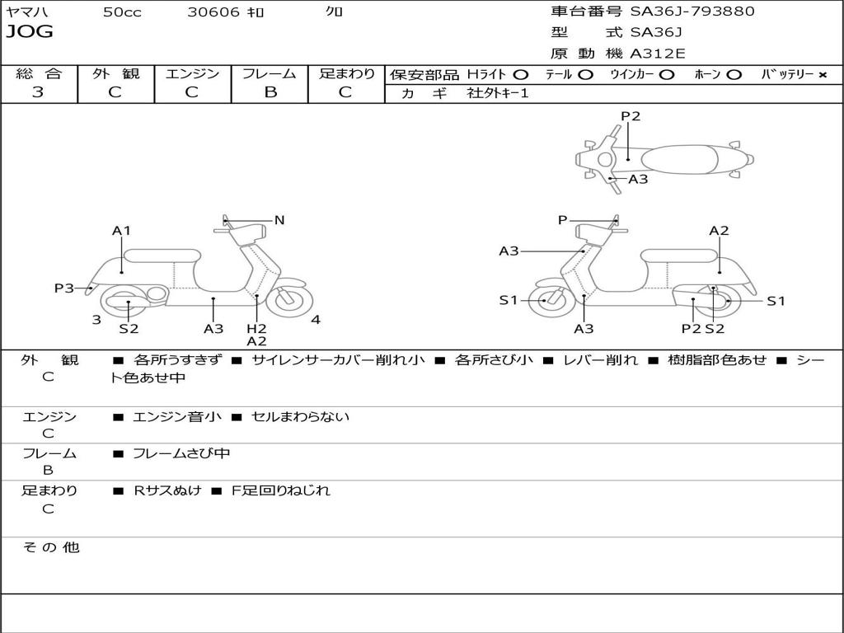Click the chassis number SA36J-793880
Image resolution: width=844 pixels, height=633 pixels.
pyautogui.click(x=692, y=12)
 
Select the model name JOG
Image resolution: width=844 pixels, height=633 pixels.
pyautogui.click(x=30, y=32)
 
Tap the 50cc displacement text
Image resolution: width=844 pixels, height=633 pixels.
pyautogui.click(x=122, y=12)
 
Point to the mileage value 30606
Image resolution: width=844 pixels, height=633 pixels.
pyautogui.click(x=213, y=12)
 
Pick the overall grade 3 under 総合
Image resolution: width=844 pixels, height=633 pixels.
pyautogui.click(x=38, y=92)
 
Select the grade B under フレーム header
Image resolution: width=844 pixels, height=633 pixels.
pyautogui.click(x=270, y=92)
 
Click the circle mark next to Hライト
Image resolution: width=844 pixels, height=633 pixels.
pyautogui.click(x=521, y=74)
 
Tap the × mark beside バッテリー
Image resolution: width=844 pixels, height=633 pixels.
pyautogui.click(x=822, y=74)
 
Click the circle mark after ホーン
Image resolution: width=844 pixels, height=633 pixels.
pyautogui.click(x=734, y=74)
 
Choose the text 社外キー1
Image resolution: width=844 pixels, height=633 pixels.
pyautogui.click(x=497, y=93)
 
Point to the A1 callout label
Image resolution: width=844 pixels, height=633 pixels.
pyautogui.click(x=122, y=231)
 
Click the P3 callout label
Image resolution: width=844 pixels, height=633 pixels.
pyautogui.click(x=64, y=288)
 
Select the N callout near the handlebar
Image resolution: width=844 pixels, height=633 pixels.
pyautogui.click(x=279, y=220)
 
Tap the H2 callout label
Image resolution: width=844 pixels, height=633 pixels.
pyautogui.click(x=256, y=329)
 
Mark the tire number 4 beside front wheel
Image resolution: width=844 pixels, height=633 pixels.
pyautogui.click(x=316, y=320)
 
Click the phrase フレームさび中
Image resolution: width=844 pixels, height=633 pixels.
pyautogui.click(x=181, y=453)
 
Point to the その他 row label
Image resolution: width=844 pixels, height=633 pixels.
pyautogui.click(x=50, y=547)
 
